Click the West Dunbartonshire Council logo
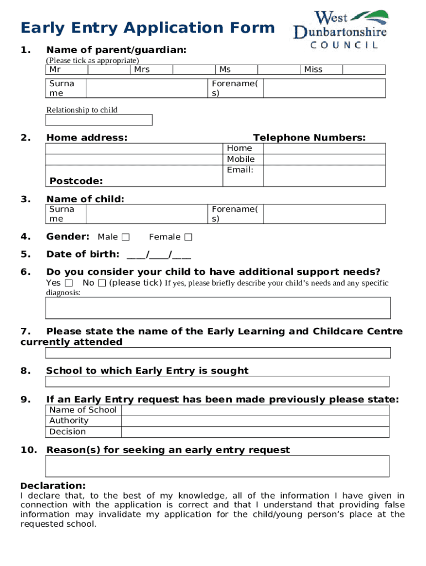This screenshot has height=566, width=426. [340, 29]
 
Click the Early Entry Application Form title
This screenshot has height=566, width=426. [147, 28]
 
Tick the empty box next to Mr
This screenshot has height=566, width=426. [108, 70]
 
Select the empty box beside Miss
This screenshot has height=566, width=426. [363, 70]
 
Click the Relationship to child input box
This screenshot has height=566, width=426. [99, 120]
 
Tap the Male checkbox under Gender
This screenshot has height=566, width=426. [126, 237]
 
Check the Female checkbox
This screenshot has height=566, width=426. [188, 237]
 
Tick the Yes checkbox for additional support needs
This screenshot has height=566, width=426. [69, 283]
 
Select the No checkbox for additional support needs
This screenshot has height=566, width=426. [102, 283]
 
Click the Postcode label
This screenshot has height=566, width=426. [76, 181]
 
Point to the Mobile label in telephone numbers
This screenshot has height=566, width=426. [241, 159]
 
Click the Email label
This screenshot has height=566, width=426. [240, 170]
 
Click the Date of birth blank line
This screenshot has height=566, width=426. [159, 255]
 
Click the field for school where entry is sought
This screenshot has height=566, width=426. [217, 381]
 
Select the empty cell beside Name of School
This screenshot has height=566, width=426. [255, 410]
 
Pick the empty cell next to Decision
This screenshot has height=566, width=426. [255, 432]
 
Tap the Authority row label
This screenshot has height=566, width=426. [69, 421]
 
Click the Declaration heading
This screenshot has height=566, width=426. [53, 485]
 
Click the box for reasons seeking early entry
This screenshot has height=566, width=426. [217, 466]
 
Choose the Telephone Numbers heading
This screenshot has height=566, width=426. [309, 138]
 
